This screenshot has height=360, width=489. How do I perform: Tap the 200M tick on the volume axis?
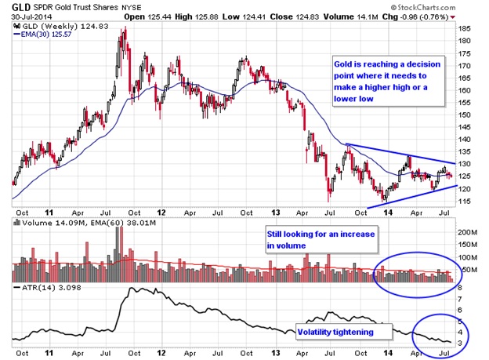point(467,233)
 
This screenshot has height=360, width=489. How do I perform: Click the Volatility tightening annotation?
point(333,332)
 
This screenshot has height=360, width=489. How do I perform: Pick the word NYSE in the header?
point(130,7)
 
